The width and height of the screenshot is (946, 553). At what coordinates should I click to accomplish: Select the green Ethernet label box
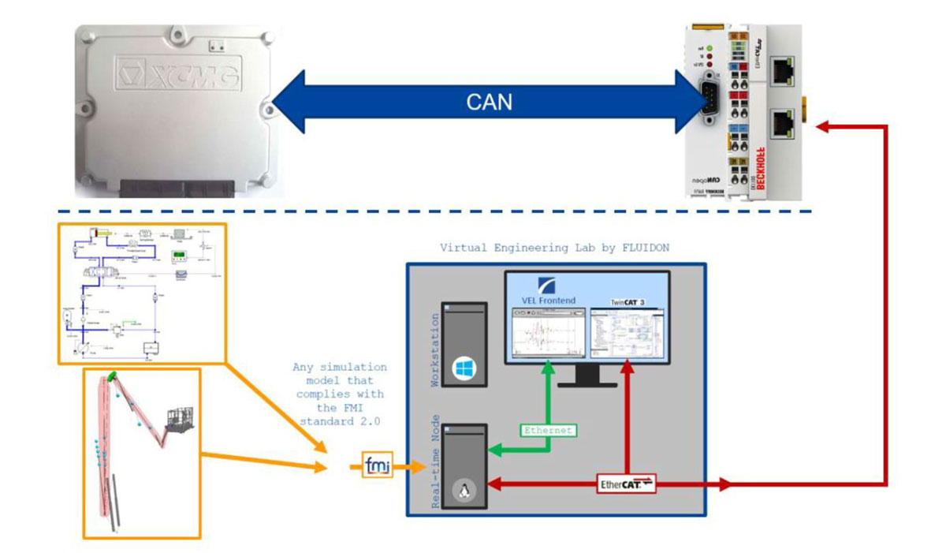(x=546, y=431)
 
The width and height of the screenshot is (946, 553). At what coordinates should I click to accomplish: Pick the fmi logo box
(x=378, y=467)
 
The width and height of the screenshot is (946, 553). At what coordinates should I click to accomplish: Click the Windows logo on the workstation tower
(x=460, y=368)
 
